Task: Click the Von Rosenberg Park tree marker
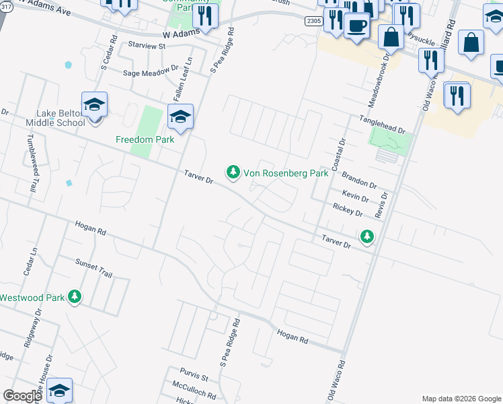tap(233, 173)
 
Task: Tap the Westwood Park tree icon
tap(76, 297)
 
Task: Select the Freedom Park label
tap(145, 139)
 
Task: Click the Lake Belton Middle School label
tap(55, 117)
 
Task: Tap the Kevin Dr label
tap(355, 197)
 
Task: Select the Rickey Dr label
tap(348, 212)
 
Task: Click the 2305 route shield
tap(313, 22)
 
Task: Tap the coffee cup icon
tap(356, 26)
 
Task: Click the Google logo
tap(22, 396)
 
